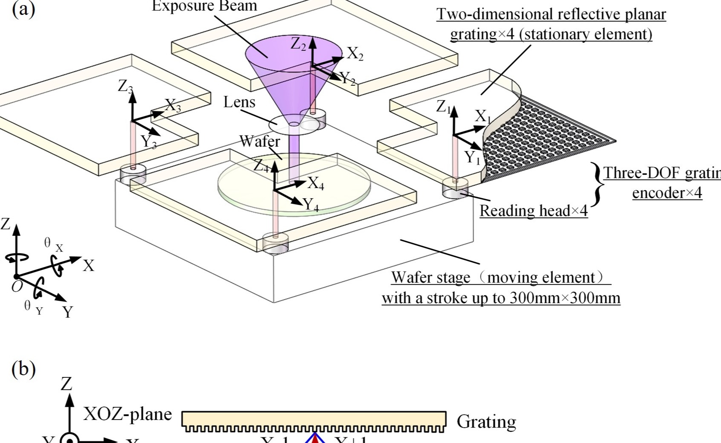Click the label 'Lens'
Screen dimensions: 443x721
239,102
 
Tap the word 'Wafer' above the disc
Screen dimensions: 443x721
259,141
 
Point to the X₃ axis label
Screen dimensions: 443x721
173,105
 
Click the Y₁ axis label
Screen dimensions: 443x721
472,158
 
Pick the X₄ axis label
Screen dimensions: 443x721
316,183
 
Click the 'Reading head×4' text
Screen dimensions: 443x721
533,211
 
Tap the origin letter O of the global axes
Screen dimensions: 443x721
17,287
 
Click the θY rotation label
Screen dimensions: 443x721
33,307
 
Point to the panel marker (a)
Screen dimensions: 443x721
23,9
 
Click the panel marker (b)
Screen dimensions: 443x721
23,369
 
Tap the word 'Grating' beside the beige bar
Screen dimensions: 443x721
486,422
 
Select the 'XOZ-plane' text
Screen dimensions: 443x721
127,414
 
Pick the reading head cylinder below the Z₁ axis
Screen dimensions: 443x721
455,188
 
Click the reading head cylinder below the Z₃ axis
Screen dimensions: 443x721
133,174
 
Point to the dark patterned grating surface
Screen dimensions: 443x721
550,141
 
